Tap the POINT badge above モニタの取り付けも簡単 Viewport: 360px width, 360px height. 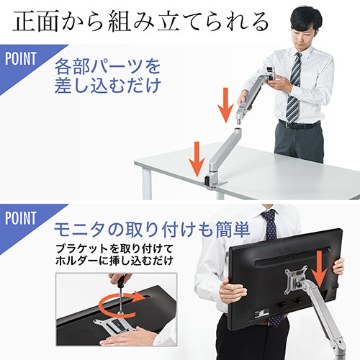point(19,217)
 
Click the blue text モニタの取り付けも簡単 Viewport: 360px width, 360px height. point(152,230)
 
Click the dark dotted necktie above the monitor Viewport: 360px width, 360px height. point(269,223)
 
